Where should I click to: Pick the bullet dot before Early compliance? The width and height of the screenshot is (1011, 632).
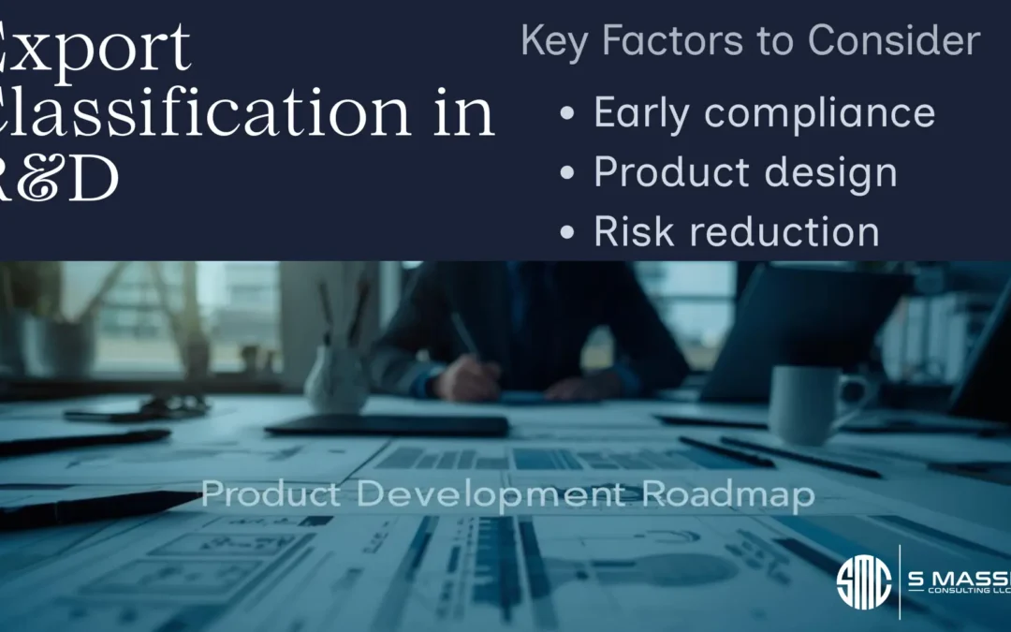567,114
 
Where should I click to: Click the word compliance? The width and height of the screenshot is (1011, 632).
820,113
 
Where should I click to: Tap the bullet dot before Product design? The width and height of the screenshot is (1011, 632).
567,173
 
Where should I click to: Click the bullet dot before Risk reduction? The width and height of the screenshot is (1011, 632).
567,233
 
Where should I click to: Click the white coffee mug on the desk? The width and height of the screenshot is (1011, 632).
807,404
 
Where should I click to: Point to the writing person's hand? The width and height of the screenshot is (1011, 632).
468,379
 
